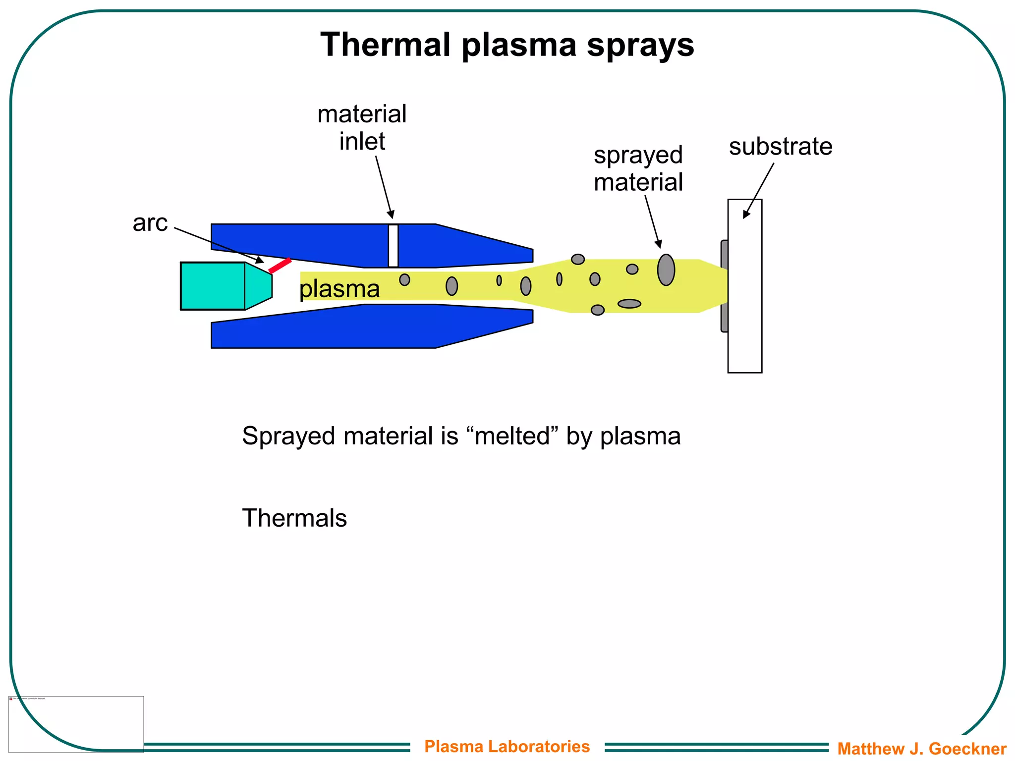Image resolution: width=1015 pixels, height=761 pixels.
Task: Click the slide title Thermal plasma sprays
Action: pyautogui.click(x=507, y=45)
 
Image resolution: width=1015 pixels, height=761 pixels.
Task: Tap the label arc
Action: pyautogui.click(x=150, y=223)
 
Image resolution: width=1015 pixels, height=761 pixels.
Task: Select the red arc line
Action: pyautogui.click(x=280, y=266)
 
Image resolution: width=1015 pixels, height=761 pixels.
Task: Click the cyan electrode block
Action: pyautogui.click(x=213, y=286)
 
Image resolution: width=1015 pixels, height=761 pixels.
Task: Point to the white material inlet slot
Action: pyautogui.click(x=393, y=246)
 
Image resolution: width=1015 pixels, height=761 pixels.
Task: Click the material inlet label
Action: pyautogui.click(x=362, y=127)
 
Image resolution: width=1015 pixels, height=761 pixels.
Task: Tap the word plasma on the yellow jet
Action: pyautogui.click(x=340, y=288)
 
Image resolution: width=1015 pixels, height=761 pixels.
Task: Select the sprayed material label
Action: pyautogui.click(x=638, y=168)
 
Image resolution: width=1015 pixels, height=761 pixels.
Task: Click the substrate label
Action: pyautogui.click(x=781, y=147)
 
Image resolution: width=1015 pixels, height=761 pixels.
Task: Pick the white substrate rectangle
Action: pyautogui.click(x=745, y=322)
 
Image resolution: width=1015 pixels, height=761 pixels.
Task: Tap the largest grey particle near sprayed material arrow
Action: pyautogui.click(x=666, y=270)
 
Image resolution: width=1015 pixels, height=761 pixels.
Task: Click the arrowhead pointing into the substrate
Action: pyautogui.click(x=746, y=215)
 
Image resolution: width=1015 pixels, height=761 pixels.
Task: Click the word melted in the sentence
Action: pyautogui.click(x=512, y=436)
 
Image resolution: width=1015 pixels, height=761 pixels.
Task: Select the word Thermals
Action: pyautogui.click(x=294, y=518)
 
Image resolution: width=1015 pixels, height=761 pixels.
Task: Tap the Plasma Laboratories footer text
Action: pyautogui.click(x=507, y=746)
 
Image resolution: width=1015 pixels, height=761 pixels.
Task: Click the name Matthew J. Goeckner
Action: pyautogui.click(x=922, y=748)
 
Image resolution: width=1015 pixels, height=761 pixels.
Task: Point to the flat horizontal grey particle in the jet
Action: pyautogui.click(x=629, y=304)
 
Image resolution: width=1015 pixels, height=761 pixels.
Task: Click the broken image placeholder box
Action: pyautogui.click(x=76, y=723)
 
